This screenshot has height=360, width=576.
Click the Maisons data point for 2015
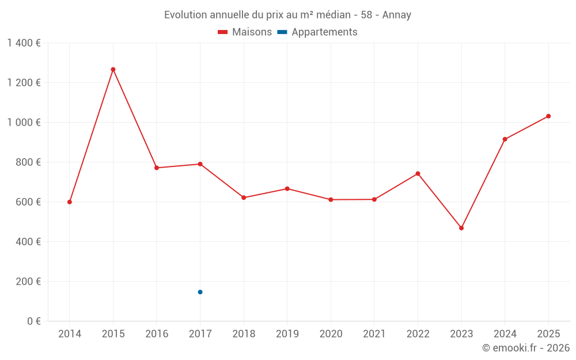point(113,69)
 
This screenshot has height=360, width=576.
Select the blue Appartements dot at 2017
point(200,292)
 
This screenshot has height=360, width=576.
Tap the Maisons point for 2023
point(461,228)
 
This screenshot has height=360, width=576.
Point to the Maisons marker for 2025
point(548,116)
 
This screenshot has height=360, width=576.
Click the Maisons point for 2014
point(70,202)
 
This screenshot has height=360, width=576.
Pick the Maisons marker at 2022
point(418,173)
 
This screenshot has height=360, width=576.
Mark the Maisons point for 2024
point(505,139)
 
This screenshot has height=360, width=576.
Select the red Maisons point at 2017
point(200,164)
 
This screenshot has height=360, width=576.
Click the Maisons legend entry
point(245,32)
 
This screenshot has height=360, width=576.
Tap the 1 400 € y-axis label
point(24,43)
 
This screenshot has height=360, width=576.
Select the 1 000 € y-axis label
point(24,123)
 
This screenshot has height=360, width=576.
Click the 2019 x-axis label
point(287,334)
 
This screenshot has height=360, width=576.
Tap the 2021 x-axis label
point(374,334)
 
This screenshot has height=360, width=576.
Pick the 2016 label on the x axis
point(157,334)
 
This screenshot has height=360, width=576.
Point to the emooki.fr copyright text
point(525,348)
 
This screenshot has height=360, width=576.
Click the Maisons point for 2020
point(331,200)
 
